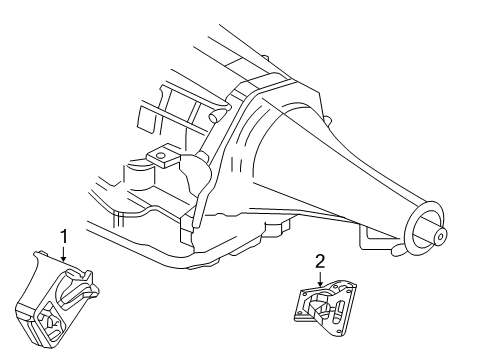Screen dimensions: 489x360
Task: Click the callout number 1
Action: pos(63,236)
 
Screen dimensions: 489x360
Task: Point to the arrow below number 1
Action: pos(64,254)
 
